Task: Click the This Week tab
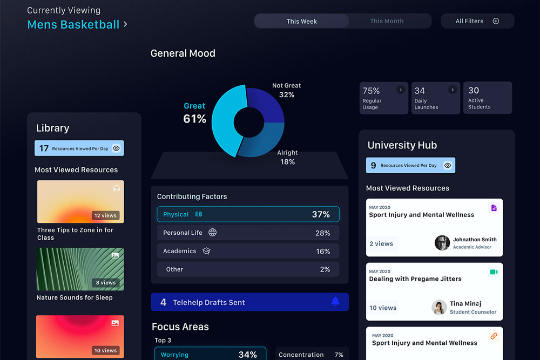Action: [x=301, y=21]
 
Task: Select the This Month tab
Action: [x=387, y=21]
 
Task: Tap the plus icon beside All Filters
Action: [x=496, y=21]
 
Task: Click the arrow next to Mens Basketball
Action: [x=125, y=24]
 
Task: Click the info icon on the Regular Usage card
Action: [x=401, y=90]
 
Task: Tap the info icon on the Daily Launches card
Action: [x=453, y=90]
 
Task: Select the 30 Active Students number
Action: [x=474, y=90]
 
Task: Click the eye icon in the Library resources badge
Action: [x=117, y=148]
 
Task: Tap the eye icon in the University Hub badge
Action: [x=447, y=165]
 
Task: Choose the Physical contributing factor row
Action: [x=248, y=214]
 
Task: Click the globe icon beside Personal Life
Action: [x=212, y=232]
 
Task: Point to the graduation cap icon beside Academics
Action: [x=206, y=251]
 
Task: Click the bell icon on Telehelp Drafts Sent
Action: [x=335, y=302]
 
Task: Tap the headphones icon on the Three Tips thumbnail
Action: [x=117, y=188]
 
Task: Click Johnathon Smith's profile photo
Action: [x=442, y=243]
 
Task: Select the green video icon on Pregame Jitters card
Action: [x=494, y=272]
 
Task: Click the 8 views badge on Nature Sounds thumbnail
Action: [x=105, y=283]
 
